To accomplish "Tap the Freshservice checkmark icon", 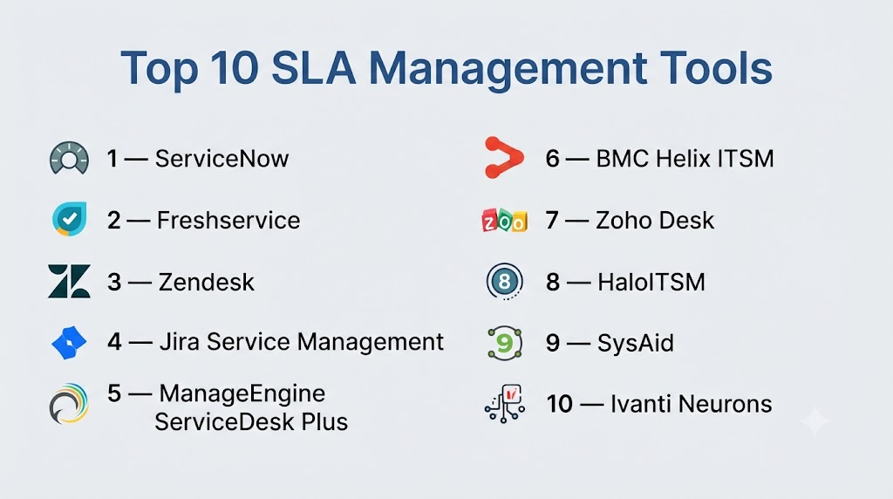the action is click(x=70, y=219).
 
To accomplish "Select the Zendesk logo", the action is click(x=69, y=282).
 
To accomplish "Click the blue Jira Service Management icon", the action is click(x=69, y=342).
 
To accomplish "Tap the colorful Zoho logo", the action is click(x=505, y=221).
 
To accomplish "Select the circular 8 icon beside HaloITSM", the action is click(x=505, y=282).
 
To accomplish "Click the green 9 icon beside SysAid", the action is click(x=505, y=343).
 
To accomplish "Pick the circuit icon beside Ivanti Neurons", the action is click(x=505, y=403).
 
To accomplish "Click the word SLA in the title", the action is click(x=314, y=68).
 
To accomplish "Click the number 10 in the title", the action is click(x=234, y=68).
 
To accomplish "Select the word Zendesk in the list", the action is click(x=206, y=282).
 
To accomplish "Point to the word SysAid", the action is click(x=635, y=343).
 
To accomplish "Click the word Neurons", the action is click(x=725, y=404).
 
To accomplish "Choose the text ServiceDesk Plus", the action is click(x=251, y=422).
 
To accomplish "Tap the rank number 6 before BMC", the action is click(x=552, y=159).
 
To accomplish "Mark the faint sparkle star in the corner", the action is click(x=815, y=421).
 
